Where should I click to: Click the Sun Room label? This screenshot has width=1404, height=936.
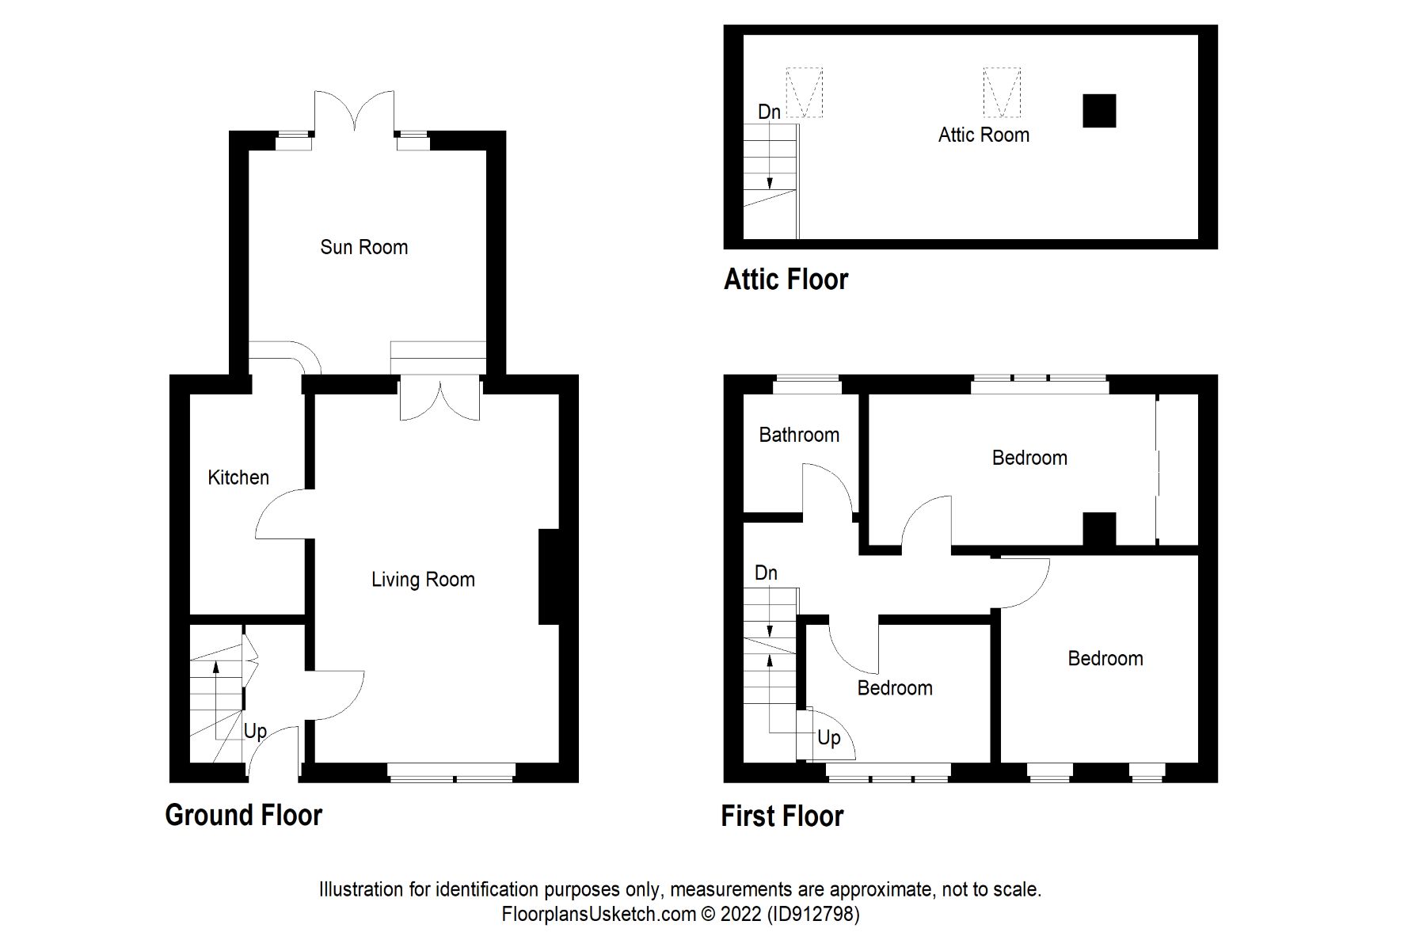tap(363, 247)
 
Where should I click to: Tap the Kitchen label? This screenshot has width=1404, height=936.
tap(238, 478)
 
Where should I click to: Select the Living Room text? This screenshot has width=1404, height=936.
tap(423, 580)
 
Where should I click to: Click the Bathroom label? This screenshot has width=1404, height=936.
tap(798, 435)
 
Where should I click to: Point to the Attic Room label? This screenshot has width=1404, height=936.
tap(984, 135)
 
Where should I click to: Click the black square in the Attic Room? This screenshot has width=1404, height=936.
tap(1099, 111)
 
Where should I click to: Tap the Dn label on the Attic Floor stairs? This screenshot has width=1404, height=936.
tap(769, 112)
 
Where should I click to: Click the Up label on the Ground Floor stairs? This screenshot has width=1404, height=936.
tap(255, 731)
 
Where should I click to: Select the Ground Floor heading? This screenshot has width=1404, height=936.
tap(243, 815)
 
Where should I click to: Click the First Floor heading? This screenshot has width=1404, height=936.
tap(782, 816)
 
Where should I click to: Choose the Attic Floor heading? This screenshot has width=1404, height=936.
tap(786, 280)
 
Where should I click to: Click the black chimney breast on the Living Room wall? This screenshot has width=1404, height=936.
tap(550, 576)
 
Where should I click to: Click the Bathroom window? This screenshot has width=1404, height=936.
tap(806, 384)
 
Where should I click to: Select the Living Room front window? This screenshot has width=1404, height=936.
tap(451, 772)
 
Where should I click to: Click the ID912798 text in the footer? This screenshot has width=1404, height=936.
tap(812, 914)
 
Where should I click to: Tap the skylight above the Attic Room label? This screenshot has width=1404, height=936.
tap(1002, 92)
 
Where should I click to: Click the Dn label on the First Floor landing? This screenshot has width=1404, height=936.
tap(766, 573)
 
